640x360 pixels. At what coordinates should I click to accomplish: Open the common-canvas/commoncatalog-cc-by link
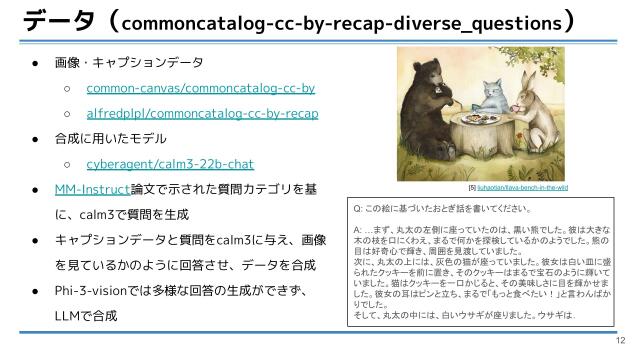pos(200,88)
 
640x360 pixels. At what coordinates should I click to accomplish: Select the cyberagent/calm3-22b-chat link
pos(170,164)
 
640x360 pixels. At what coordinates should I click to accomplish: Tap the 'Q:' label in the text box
pos(359,211)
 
